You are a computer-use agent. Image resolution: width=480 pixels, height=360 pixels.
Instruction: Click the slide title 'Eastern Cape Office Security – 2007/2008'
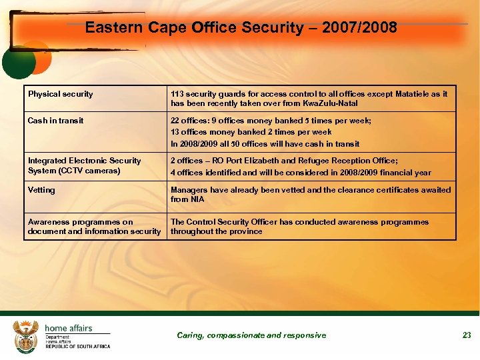pos(241,28)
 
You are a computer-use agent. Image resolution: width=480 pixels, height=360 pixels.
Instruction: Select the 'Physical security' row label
pos(61,94)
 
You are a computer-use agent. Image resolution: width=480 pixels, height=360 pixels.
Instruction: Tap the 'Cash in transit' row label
pos(56,121)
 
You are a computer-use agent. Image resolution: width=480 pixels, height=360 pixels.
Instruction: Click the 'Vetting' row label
pos(41,190)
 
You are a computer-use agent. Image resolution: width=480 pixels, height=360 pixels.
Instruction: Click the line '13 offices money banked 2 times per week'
pos(251,132)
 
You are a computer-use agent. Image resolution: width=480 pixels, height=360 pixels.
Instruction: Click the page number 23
pos(467,335)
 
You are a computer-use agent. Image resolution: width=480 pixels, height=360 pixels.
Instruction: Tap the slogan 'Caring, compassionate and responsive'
pos(251,335)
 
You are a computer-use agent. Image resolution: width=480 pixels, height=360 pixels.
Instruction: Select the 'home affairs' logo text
pos(68,328)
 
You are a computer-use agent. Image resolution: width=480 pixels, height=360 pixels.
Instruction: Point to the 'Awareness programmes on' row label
pos(80,222)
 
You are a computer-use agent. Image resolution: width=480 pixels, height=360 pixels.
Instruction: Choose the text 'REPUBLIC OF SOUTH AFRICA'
pos(77,347)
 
